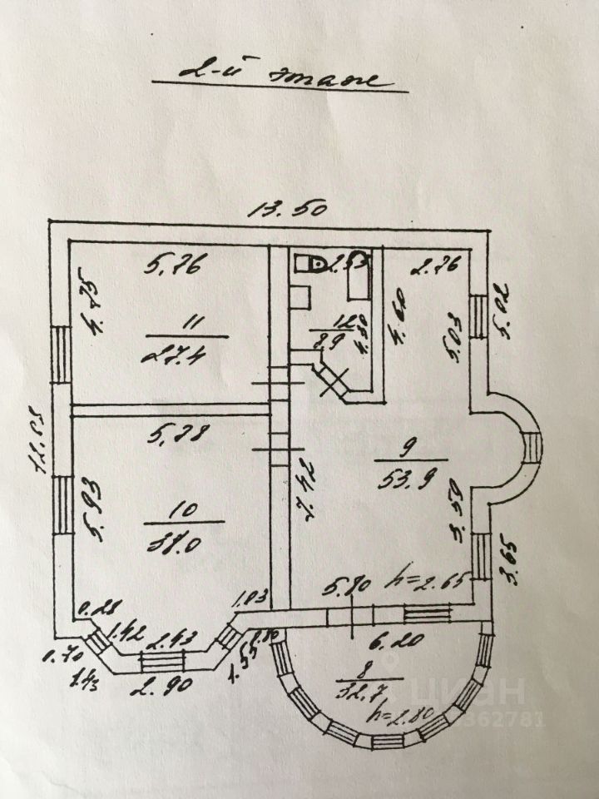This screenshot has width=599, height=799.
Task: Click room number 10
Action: tap(182, 507)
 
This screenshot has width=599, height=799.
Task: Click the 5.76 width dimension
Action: tap(176, 266)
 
